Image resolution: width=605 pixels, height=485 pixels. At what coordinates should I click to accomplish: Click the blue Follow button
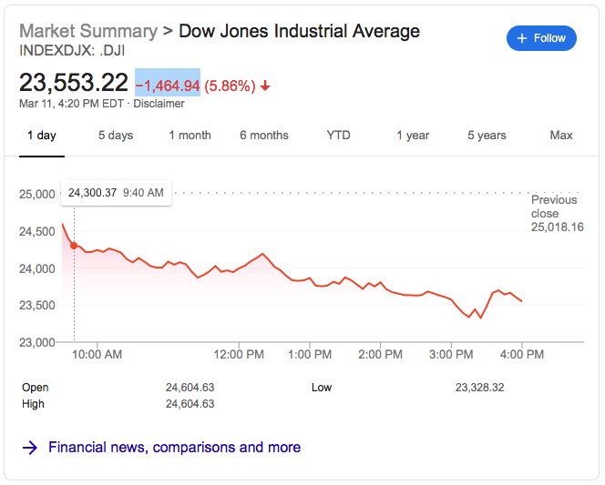pos(541,38)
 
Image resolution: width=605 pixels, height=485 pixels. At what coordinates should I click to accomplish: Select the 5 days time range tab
pos(116,136)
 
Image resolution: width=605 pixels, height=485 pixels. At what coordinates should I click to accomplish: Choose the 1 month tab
pos(190,136)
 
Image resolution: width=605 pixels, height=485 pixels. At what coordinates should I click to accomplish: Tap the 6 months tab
pos(264,136)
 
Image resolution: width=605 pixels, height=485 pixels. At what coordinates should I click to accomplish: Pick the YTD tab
pos(338,136)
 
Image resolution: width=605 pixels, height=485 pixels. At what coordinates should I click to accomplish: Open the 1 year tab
pos(413,136)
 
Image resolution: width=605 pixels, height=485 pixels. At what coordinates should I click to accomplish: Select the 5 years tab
pos(487,136)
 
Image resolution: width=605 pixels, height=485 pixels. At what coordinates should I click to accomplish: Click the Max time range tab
pos(561,136)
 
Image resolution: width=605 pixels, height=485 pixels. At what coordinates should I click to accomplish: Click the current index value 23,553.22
pos(74,83)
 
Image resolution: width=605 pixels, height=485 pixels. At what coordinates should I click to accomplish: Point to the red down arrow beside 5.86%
pos(265,86)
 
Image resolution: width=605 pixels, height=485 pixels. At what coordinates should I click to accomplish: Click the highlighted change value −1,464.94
pos(168,86)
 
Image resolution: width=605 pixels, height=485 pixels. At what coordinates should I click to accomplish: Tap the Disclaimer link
pos(159,104)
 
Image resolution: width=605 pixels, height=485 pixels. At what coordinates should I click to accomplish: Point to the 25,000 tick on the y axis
pos(38,194)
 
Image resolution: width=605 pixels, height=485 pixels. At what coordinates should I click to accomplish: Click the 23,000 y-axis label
pos(38,342)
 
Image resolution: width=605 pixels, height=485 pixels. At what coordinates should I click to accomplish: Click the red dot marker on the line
pos(74,245)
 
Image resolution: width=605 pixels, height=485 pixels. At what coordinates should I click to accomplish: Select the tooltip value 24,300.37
pos(93,193)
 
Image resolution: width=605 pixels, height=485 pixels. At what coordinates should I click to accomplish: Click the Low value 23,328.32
pos(479,388)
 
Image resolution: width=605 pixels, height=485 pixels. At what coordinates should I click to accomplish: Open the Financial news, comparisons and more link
pos(174,448)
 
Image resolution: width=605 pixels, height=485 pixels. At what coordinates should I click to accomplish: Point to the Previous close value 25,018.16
pos(558,227)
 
